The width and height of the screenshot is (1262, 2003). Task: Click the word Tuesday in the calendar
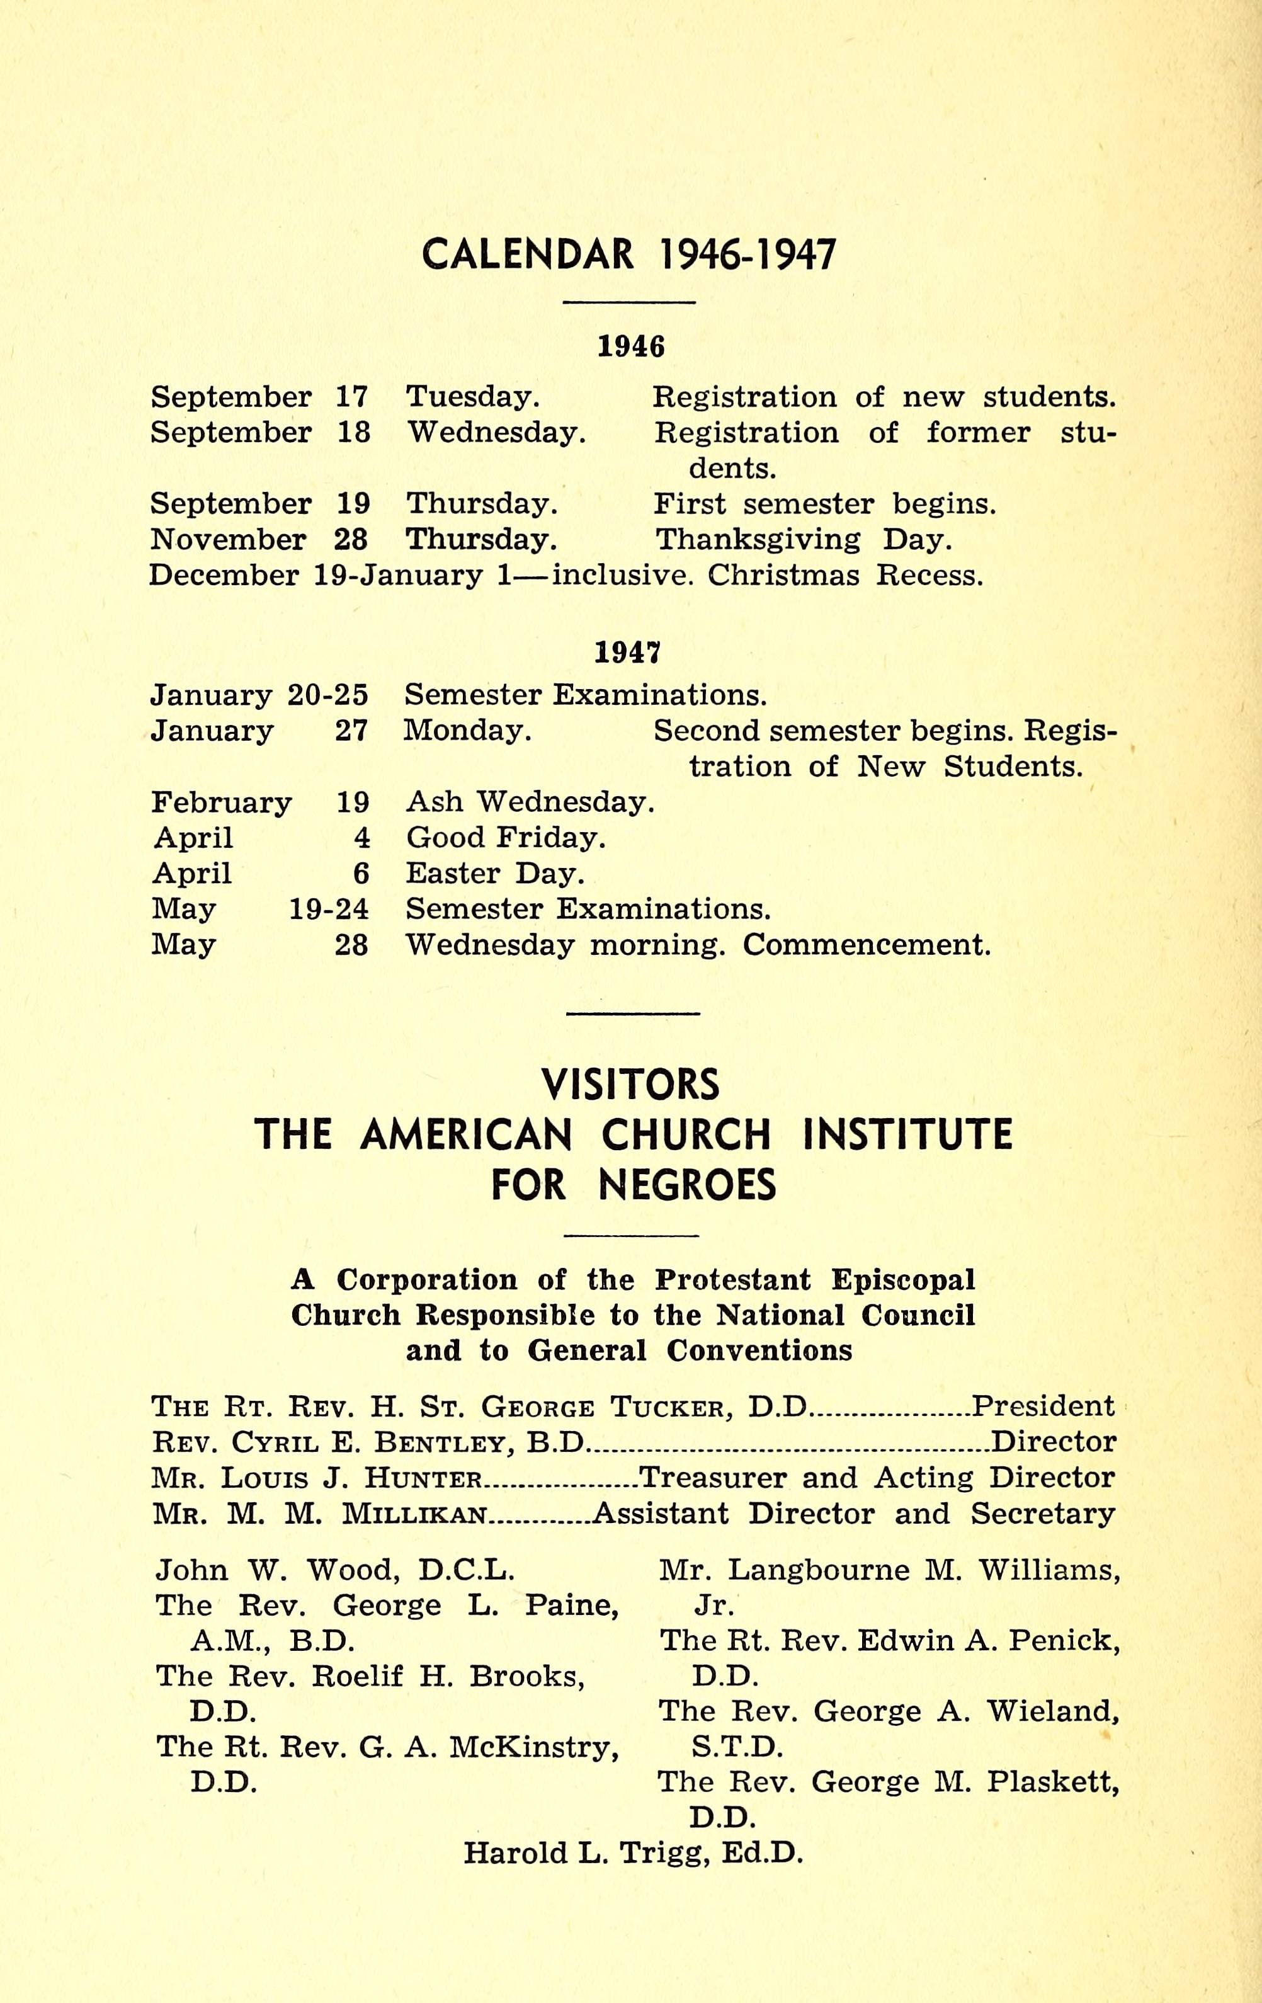[x=472, y=397]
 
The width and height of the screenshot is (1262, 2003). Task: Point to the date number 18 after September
[x=353, y=433]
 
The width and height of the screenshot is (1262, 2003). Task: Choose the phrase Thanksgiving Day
[x=803, y=540]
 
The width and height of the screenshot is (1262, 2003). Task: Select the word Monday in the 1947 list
[x=466, y=730]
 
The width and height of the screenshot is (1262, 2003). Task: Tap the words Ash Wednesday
[x=530, y=802]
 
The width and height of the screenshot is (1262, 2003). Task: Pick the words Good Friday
[x=505, y=838]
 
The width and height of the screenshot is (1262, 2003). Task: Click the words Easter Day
[x=495, y=874]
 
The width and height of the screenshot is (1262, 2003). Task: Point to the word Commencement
[x=866, y=945]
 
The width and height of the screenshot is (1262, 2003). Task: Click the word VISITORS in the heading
[x=630, y=1085]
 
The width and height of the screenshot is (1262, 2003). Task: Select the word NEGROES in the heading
[x=688, y=1185]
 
